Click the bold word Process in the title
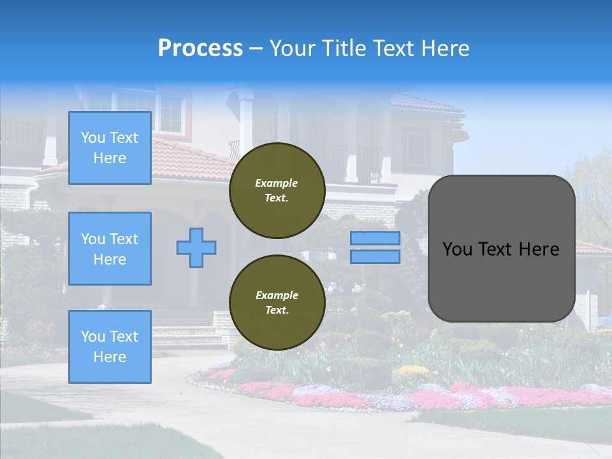click(200, 48)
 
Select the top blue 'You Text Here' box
click(110, 148)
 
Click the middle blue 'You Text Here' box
click(110, 249)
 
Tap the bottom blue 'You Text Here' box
click(110, 347)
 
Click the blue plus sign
click(196, 247)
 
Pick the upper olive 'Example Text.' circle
click(277, 191)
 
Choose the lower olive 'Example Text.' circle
click(277, 303)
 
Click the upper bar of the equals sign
click(375, 238)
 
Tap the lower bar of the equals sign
click(375, 256)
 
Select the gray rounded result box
click(501, 249)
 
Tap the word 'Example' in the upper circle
click(277, 183)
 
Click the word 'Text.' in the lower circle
click(277, 310)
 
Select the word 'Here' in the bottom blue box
click(110, 357)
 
